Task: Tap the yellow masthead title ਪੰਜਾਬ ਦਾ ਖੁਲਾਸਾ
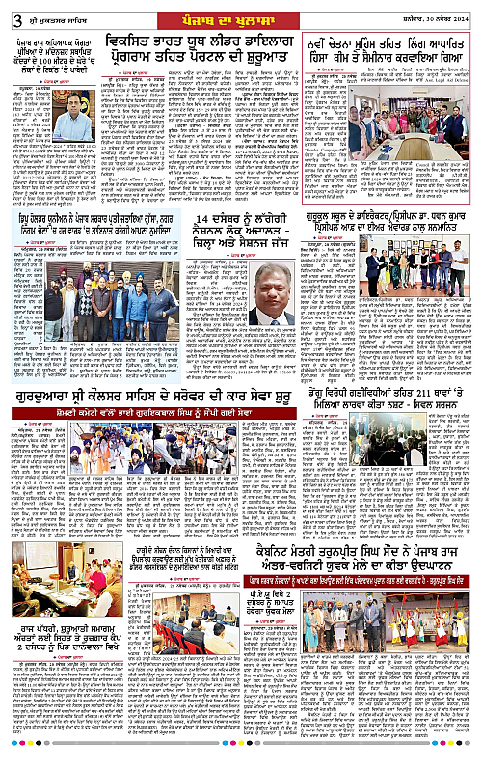(241, 13)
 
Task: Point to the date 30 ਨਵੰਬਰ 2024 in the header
(443, 13)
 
